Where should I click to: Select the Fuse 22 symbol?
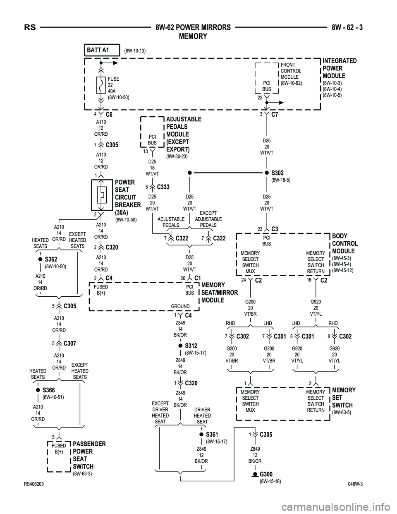coord(100,85)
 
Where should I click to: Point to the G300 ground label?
coord(266,474)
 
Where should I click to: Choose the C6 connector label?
coord(109,114)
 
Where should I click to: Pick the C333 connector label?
coord(163,187)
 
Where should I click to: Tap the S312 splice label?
coord(191,346)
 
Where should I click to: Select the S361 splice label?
coord(212,435)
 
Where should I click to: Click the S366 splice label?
coord(48,390)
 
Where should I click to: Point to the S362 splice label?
coord(51,259)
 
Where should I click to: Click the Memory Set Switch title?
coord(343,398)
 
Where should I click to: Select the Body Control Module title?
coord(345,243)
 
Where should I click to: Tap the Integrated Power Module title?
coord(339,68)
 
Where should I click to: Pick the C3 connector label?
coord(275,229)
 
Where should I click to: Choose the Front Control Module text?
coord(291,71)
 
